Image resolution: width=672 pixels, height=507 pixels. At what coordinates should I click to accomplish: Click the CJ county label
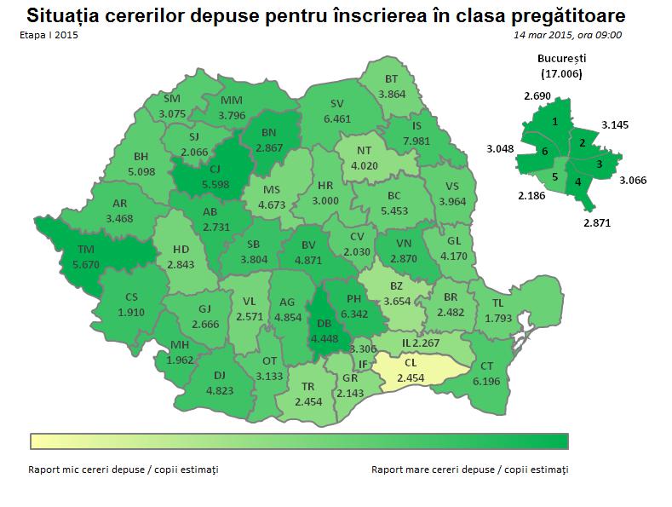(214, 170)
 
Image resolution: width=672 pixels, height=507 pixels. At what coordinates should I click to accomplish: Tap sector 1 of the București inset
(554, 122)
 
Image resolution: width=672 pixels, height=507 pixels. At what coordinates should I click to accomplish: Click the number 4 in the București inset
(578, 182)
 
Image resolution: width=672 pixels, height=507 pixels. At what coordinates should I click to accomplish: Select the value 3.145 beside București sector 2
(616, 124)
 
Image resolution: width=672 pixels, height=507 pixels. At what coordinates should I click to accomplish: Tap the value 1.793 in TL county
(499, 318)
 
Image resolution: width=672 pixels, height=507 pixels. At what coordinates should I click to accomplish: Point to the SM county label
(172, 99)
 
